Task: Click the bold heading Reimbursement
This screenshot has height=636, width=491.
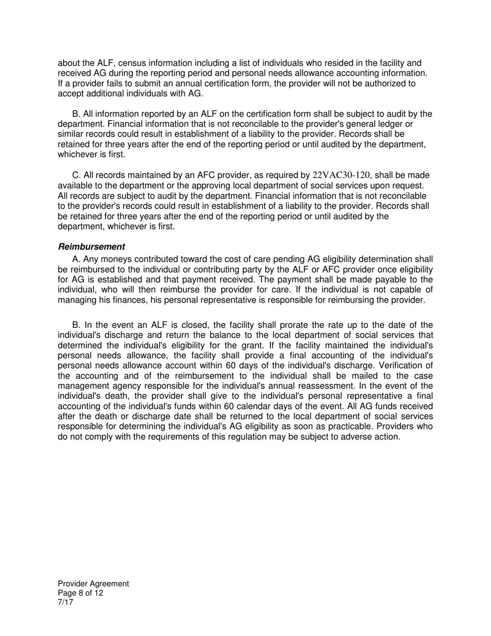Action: tap(91, 247)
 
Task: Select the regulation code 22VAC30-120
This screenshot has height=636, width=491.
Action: tap(342, 176)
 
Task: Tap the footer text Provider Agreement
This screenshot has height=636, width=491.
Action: tap(94, 584)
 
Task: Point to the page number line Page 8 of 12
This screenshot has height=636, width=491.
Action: tap(81, 593)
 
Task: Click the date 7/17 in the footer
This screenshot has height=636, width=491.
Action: tap(66, 601)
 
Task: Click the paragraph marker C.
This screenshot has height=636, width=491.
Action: tap(76, 176)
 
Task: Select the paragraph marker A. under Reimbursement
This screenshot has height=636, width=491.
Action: tap(76, 259)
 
